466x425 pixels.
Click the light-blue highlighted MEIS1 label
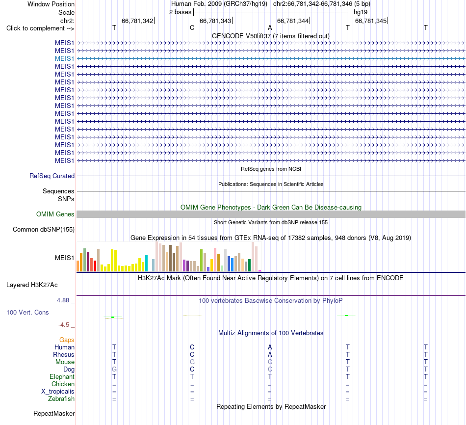(x=64, y=58)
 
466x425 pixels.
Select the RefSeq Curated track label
(x=52, y=176)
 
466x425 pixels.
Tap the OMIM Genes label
(x=55, y=214)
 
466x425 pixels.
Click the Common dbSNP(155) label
(x=44, y=229)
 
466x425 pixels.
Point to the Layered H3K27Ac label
(x=32, y=285)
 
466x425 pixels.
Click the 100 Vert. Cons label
(x=27, y=312)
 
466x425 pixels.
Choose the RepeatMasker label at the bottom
(x=54, y=413)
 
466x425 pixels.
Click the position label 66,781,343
(x=215, y=21)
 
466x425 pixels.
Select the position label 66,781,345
(x=371, y=21)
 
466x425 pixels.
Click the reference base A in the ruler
(x=270, y=27)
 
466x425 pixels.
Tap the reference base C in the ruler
(x=192, y=27)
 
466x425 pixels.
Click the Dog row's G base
(x=114, y=370)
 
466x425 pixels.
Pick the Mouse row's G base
(x=192, y=362)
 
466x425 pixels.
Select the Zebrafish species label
(x=61, y=399)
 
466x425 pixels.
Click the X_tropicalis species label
(x=58, y=392)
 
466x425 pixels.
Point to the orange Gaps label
(x=67, y=340)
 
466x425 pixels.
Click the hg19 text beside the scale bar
(x=361, y=12)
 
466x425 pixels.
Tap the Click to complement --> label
(x=40, y=28)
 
